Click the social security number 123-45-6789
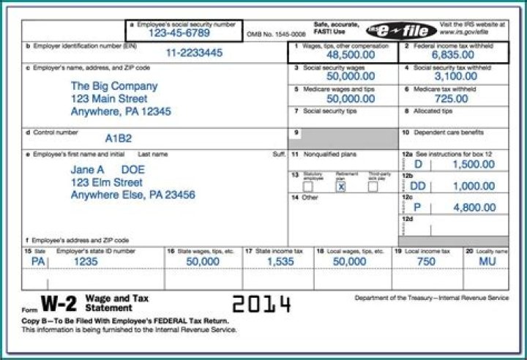click(179, 33)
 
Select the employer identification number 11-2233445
click(193, 53)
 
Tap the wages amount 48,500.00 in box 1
click(350, 55)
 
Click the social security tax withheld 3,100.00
click(455, 76)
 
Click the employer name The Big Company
click(113, 86)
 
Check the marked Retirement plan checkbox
click(340, 187)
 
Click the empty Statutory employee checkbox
click(307, 187)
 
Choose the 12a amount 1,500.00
click(474, 165)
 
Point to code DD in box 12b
click(418, 186)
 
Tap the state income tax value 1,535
click(280, 260)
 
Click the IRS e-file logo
click(402, 30)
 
